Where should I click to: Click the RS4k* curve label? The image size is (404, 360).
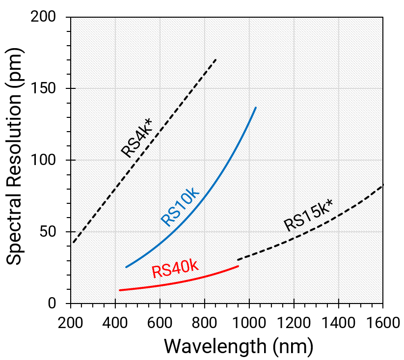point(137,137)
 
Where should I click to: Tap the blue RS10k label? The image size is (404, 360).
point(181,206)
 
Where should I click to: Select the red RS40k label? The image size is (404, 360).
point(175,268)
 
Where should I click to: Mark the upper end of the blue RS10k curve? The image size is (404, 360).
point(256,107)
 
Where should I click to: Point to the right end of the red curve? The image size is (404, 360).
point(238,266)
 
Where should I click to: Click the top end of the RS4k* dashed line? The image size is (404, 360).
point(216,59)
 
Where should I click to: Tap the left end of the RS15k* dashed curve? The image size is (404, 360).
point(238,260)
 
